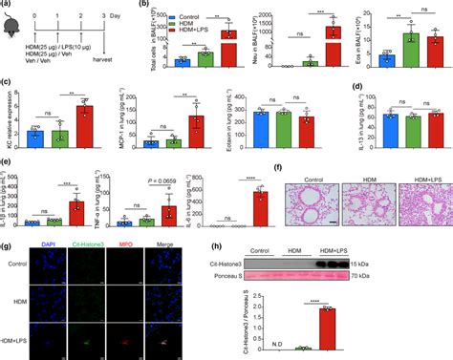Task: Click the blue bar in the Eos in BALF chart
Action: click(x=388, y=60)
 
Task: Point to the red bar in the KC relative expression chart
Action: click(x=83, y=125)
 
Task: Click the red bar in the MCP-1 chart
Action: click(x=196, y=131)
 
